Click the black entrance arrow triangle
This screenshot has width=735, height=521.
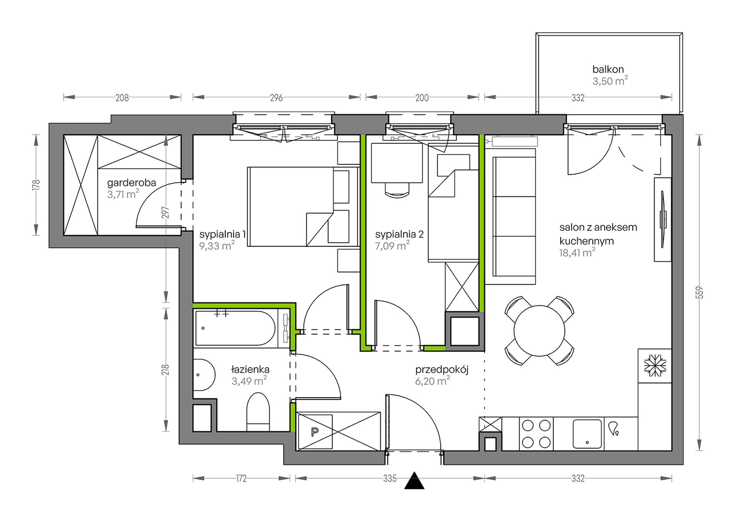(x=414, y=481)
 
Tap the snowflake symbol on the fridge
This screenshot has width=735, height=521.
(x=655, y=365)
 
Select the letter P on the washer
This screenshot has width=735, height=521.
(x=315, y=432)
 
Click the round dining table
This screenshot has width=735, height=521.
(x=539, y=330)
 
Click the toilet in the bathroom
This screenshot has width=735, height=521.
(x=258, y=412)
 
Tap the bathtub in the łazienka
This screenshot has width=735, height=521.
(x=236, y=328)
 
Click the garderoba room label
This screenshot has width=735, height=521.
(x=132, y=182)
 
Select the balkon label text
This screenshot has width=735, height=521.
(x=608, y=69)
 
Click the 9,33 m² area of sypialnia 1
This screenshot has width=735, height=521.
(x=217, y=245)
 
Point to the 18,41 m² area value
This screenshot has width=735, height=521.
(x=577, y=253)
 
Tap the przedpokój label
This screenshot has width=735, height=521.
(x=442, y=370)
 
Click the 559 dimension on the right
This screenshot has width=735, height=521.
(x=699, y=292)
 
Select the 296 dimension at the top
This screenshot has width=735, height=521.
(x=276, y=98)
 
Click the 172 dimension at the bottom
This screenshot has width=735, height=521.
(x=241, y=479)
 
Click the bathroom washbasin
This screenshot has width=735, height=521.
(x=204, y=375)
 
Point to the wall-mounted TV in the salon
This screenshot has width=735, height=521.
(x=663, y=219)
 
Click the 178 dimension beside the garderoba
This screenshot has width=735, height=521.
(x=36, y=185)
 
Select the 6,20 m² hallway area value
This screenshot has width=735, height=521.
(x=432, y=381)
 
